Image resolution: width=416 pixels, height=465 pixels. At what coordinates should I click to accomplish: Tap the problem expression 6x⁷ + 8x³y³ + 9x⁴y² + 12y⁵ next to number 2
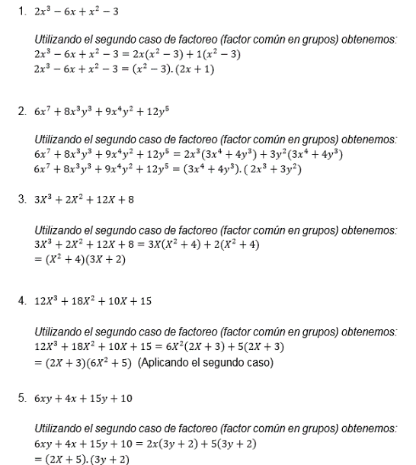click(x=104, y=111)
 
